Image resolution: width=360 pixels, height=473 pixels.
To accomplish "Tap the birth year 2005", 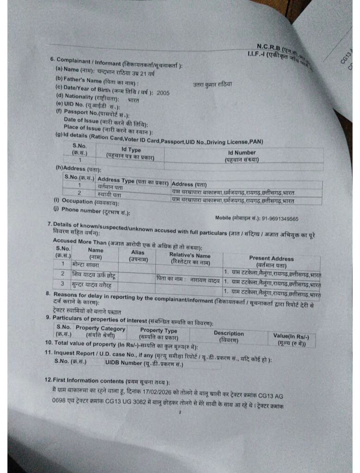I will (163, 93).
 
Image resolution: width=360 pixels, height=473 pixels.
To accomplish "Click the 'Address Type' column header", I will (133, 181).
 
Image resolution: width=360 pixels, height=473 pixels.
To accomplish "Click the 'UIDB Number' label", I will (144, 363).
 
